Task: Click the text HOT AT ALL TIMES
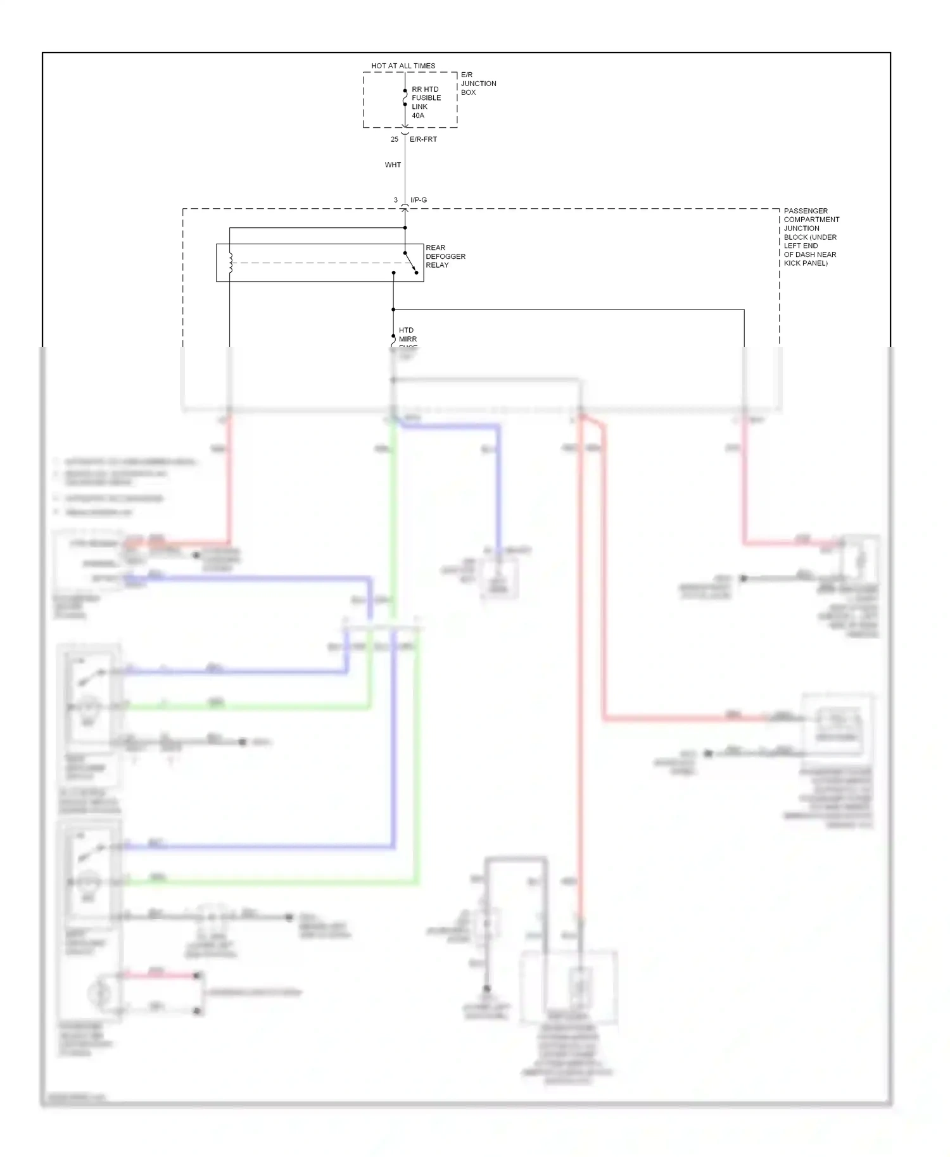point(403,66)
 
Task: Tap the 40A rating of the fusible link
point(418,116)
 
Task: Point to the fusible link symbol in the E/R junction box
point(405,97)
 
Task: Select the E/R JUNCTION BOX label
point(478,84)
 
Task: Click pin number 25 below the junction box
point(395,139)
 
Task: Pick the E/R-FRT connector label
point(423,139)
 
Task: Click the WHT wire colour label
point(393,165)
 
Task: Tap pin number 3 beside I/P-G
point(396,200)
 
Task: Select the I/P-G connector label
point(419,200)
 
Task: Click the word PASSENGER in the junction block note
point(806,211)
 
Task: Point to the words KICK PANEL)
point(806,263)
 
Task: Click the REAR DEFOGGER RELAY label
point(445,256)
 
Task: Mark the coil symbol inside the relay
point(231,263)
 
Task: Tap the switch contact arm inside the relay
point(410,263)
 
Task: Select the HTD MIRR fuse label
point(407,335)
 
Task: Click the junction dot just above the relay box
point(405,228)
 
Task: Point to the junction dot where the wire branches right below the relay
point(393,310)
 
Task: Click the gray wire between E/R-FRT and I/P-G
point(405,177)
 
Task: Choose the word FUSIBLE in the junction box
point(426,98)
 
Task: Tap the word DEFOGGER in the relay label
point(445,256)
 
